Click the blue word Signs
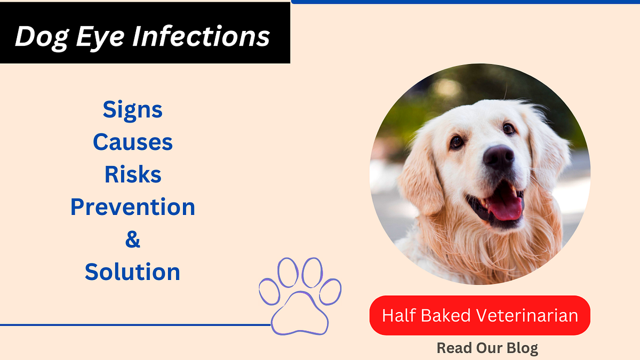132,110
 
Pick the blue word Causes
132,142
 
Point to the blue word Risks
132,175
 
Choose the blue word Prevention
132,207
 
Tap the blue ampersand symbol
132,239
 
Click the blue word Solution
132,272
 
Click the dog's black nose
499,157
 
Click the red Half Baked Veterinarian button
479,315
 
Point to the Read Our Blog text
487,348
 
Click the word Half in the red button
398,315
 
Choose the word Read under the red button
453,348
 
